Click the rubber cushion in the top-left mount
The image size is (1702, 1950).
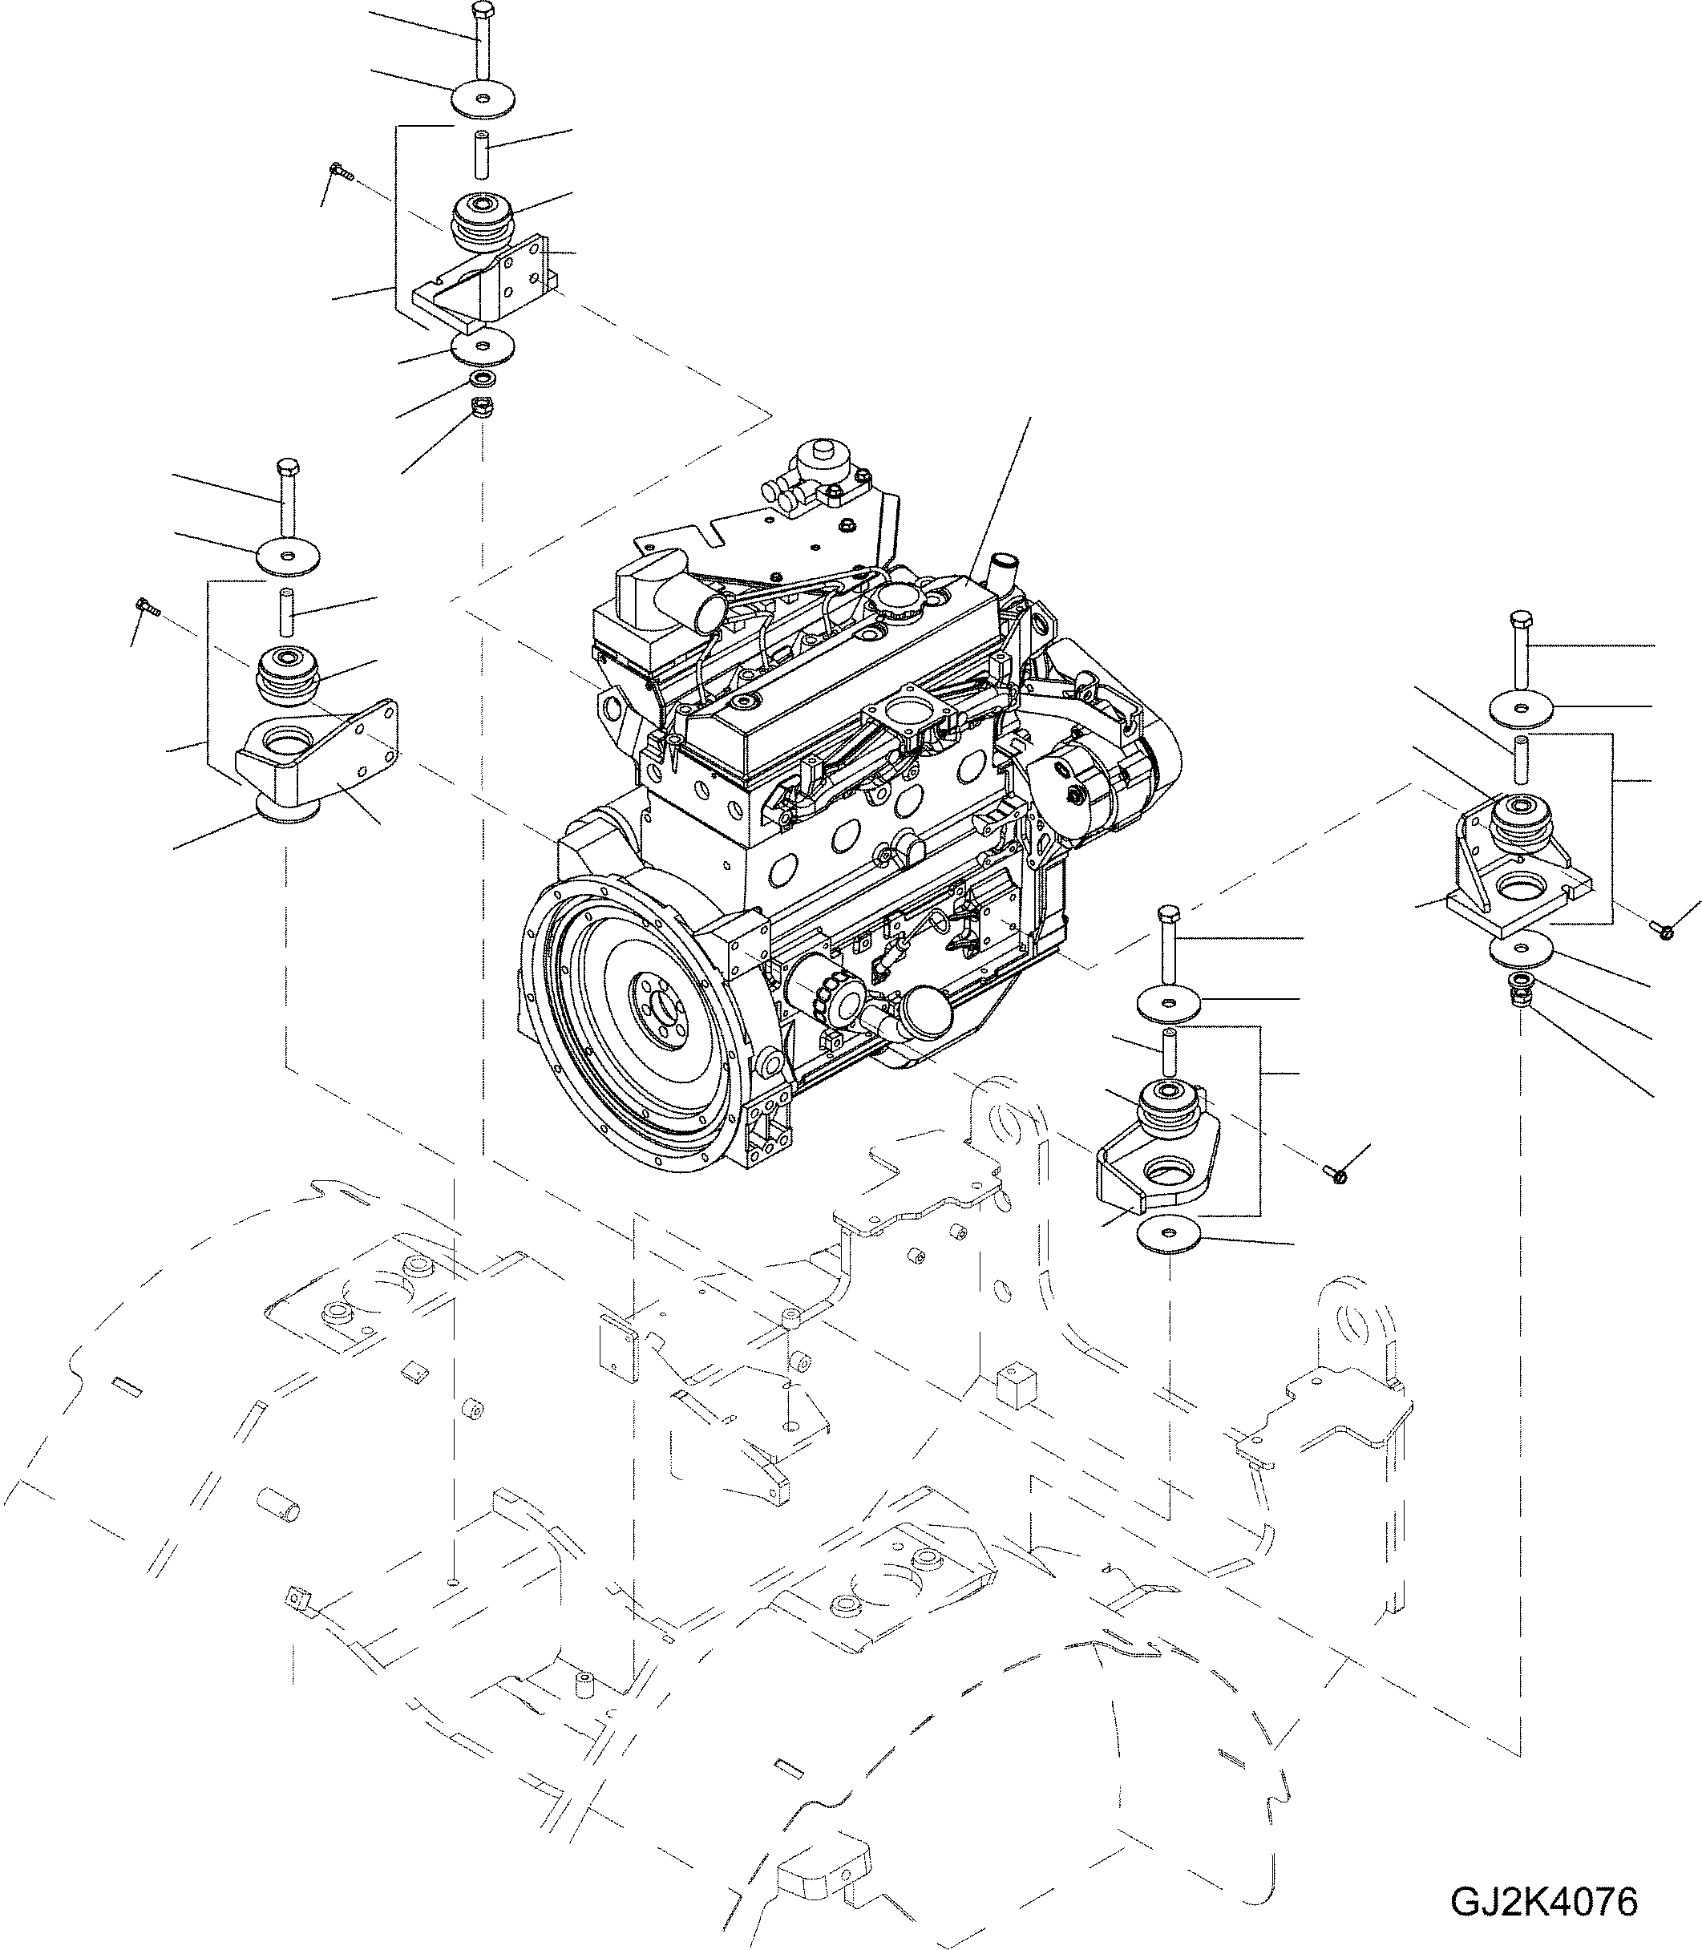(x=483, y=220)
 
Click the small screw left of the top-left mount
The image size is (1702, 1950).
(x=340, y=172)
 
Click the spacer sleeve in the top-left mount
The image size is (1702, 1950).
(x=482, y=154)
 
